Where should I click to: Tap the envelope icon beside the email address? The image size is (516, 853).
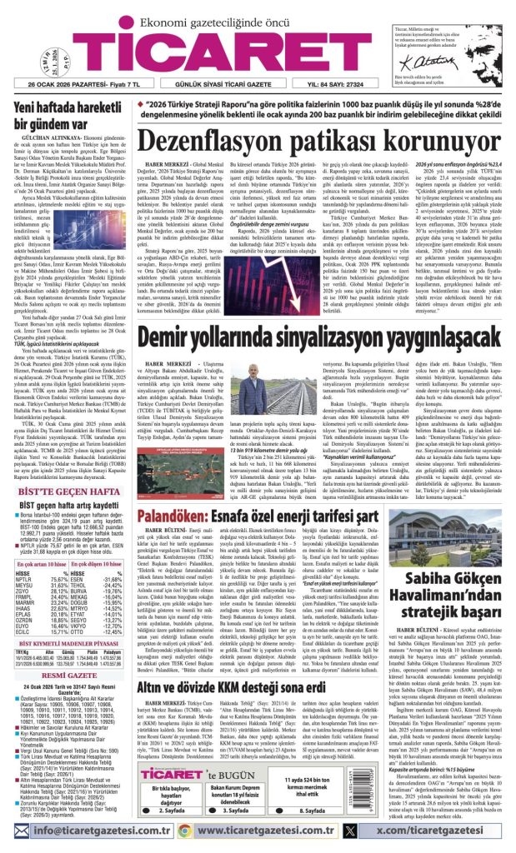click(26, 831)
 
